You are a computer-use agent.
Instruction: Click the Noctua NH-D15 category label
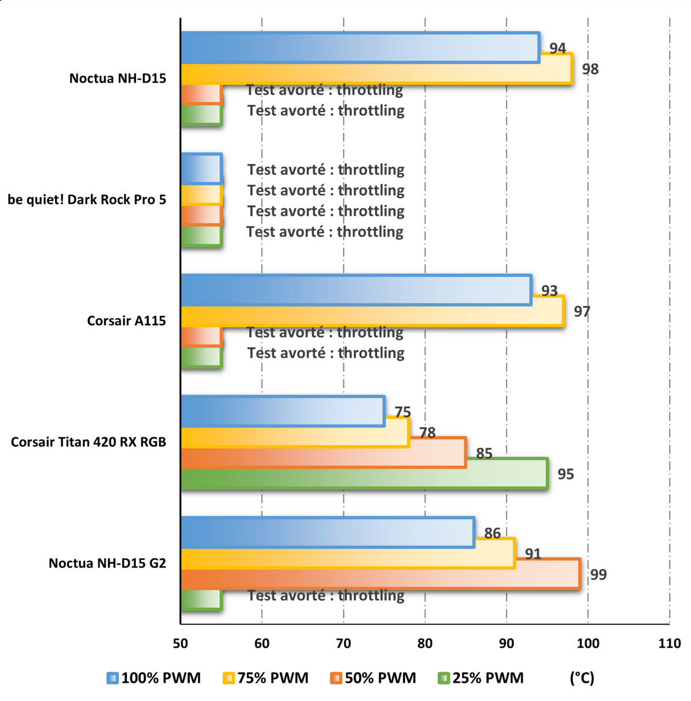(117, 78)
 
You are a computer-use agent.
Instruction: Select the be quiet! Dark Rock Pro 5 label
(87, 200)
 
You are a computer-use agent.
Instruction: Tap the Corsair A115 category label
(126, 320)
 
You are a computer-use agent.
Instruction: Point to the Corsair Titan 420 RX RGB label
(88, 442)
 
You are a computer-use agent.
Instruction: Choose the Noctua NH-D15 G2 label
(107, 563)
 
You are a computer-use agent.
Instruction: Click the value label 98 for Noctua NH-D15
(590, 69)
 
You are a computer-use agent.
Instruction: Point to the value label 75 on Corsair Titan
(402, 412)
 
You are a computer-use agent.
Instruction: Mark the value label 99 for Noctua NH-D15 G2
(598, 574)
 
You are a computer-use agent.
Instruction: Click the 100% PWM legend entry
(154, 678)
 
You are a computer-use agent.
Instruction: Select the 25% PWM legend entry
(481, 678)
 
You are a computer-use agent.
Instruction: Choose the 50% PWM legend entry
(373, 678)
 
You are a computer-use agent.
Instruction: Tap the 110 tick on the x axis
(670, 643)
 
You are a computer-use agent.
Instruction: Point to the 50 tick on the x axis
(180, 643)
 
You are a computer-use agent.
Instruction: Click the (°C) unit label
(582, 678)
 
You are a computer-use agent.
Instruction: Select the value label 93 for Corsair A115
(549, 290)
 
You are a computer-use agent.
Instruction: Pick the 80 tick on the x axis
(425, 643)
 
